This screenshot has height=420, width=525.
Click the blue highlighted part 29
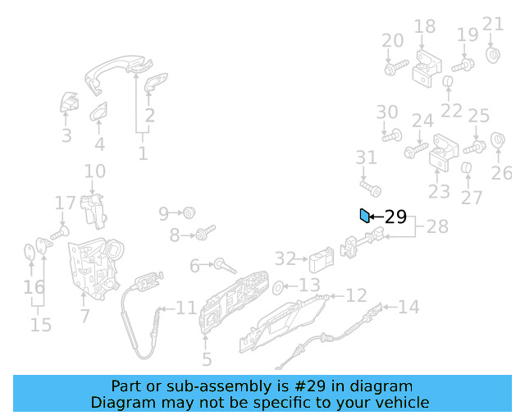(x=364, y=216)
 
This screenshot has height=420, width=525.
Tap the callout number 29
(x=395, y=217)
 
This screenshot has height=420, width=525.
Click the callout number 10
(x=95, y=171)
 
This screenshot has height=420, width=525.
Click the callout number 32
(x=285, y=259)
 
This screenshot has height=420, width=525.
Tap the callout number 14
(x=409, y=308)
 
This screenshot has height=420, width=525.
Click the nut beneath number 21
(x=494, y=56)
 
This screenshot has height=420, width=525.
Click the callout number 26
(x=501, y=173)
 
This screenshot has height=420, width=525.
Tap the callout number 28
(x=437, y=226)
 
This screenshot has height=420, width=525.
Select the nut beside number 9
(x=189, y=213)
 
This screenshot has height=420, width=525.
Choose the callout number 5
(x=207, y=358)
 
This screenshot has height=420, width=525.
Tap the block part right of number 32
(x=320, y=262)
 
